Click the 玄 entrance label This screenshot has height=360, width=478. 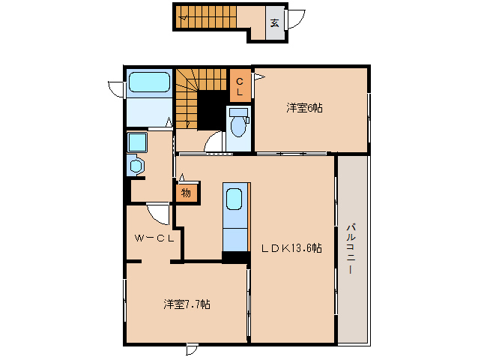[274, 22]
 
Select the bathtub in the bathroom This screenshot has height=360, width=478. [150, 82]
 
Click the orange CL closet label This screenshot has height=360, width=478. [240, 86]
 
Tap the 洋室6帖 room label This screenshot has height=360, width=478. [303, 108]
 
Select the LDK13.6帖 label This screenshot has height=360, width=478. [291, 248]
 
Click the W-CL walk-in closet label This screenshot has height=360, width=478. [155, 238]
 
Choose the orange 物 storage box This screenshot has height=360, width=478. [187, 193]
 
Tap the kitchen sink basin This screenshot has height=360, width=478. [234, 200]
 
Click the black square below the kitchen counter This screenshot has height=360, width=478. [235, 257]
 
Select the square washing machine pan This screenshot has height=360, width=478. [136, 142]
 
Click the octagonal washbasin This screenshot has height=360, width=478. [136, 166]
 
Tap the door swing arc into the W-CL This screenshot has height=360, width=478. [159, 214]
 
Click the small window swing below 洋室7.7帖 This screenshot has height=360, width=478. [192, 349]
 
